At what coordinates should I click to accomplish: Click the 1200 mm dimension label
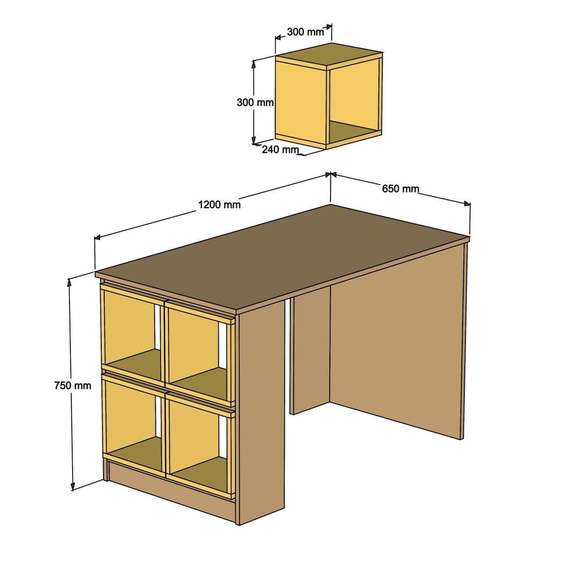point(219,205)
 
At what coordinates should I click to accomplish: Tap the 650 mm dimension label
point(400,189)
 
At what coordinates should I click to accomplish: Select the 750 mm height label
point(73,386)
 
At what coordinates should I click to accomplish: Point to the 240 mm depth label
point(280,149)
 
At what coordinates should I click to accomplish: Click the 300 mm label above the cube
point(306,32)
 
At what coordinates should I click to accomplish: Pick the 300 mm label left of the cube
point(255,102)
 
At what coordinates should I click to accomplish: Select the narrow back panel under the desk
point(310,352)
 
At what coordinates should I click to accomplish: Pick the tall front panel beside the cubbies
point(262,419)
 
